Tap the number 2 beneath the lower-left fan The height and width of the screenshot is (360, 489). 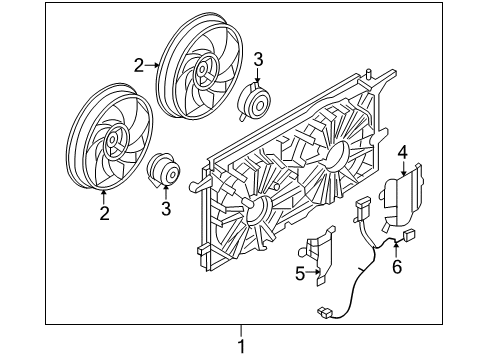tap(103, 212)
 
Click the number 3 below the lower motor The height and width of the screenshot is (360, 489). tap(166, 208)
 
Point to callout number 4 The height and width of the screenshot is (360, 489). tap(402, 152)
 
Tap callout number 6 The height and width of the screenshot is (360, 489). tap(396, 267)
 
